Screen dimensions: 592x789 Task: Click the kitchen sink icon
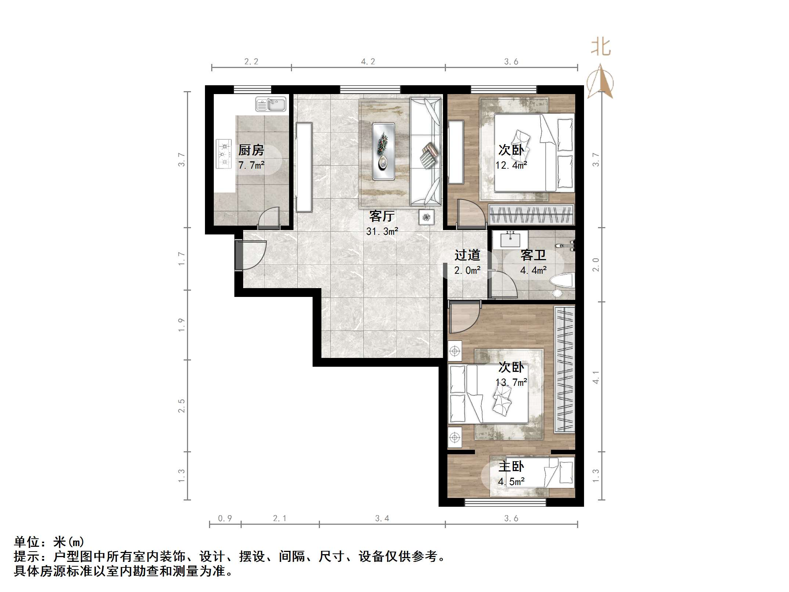(271, 104)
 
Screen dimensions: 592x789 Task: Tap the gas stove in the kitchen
(223, 154)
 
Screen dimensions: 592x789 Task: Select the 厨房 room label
(251, 150)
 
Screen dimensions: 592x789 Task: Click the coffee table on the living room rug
(383, 151)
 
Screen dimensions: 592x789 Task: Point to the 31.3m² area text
(382, 232)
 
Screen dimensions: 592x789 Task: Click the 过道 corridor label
(467, 255)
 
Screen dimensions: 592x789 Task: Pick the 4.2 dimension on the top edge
(368, 62)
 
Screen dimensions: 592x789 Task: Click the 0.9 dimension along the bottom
(225, 519)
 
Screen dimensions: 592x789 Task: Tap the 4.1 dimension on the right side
(596, 377)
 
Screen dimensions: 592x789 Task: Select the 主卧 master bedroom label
(511, 467)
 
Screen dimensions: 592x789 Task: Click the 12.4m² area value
(511, 165)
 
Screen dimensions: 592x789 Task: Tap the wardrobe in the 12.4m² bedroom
(531, 214)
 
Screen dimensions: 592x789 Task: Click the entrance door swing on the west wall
(252, 255)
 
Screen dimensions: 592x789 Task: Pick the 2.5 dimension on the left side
(181, 406)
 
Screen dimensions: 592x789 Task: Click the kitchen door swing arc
(269, 217)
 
